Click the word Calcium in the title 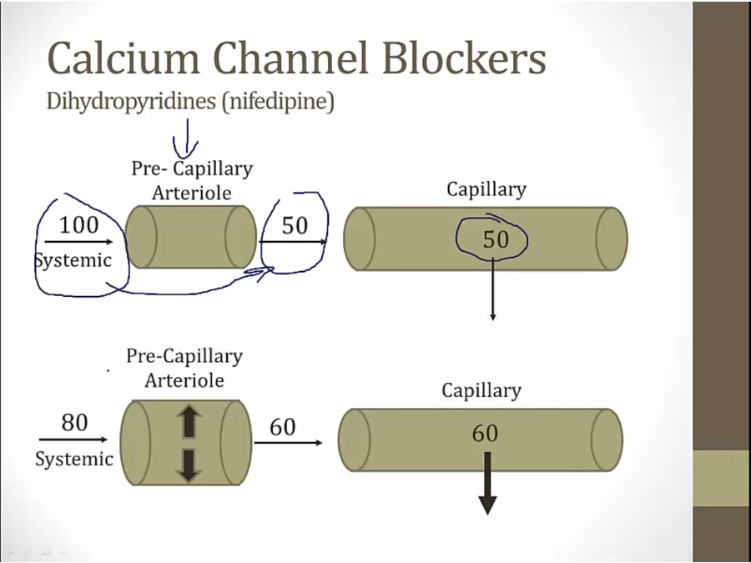123,58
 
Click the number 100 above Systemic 78,224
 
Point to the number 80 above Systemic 74,423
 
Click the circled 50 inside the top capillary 495,240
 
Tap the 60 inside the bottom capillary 485,434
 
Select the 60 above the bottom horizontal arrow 283,427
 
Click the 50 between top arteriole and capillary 295,225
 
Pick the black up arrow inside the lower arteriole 188,422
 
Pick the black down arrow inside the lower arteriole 188,464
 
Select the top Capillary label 486,189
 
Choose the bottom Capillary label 481,390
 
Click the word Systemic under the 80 74,459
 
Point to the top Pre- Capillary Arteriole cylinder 191,237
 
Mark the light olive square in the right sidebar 721,478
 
